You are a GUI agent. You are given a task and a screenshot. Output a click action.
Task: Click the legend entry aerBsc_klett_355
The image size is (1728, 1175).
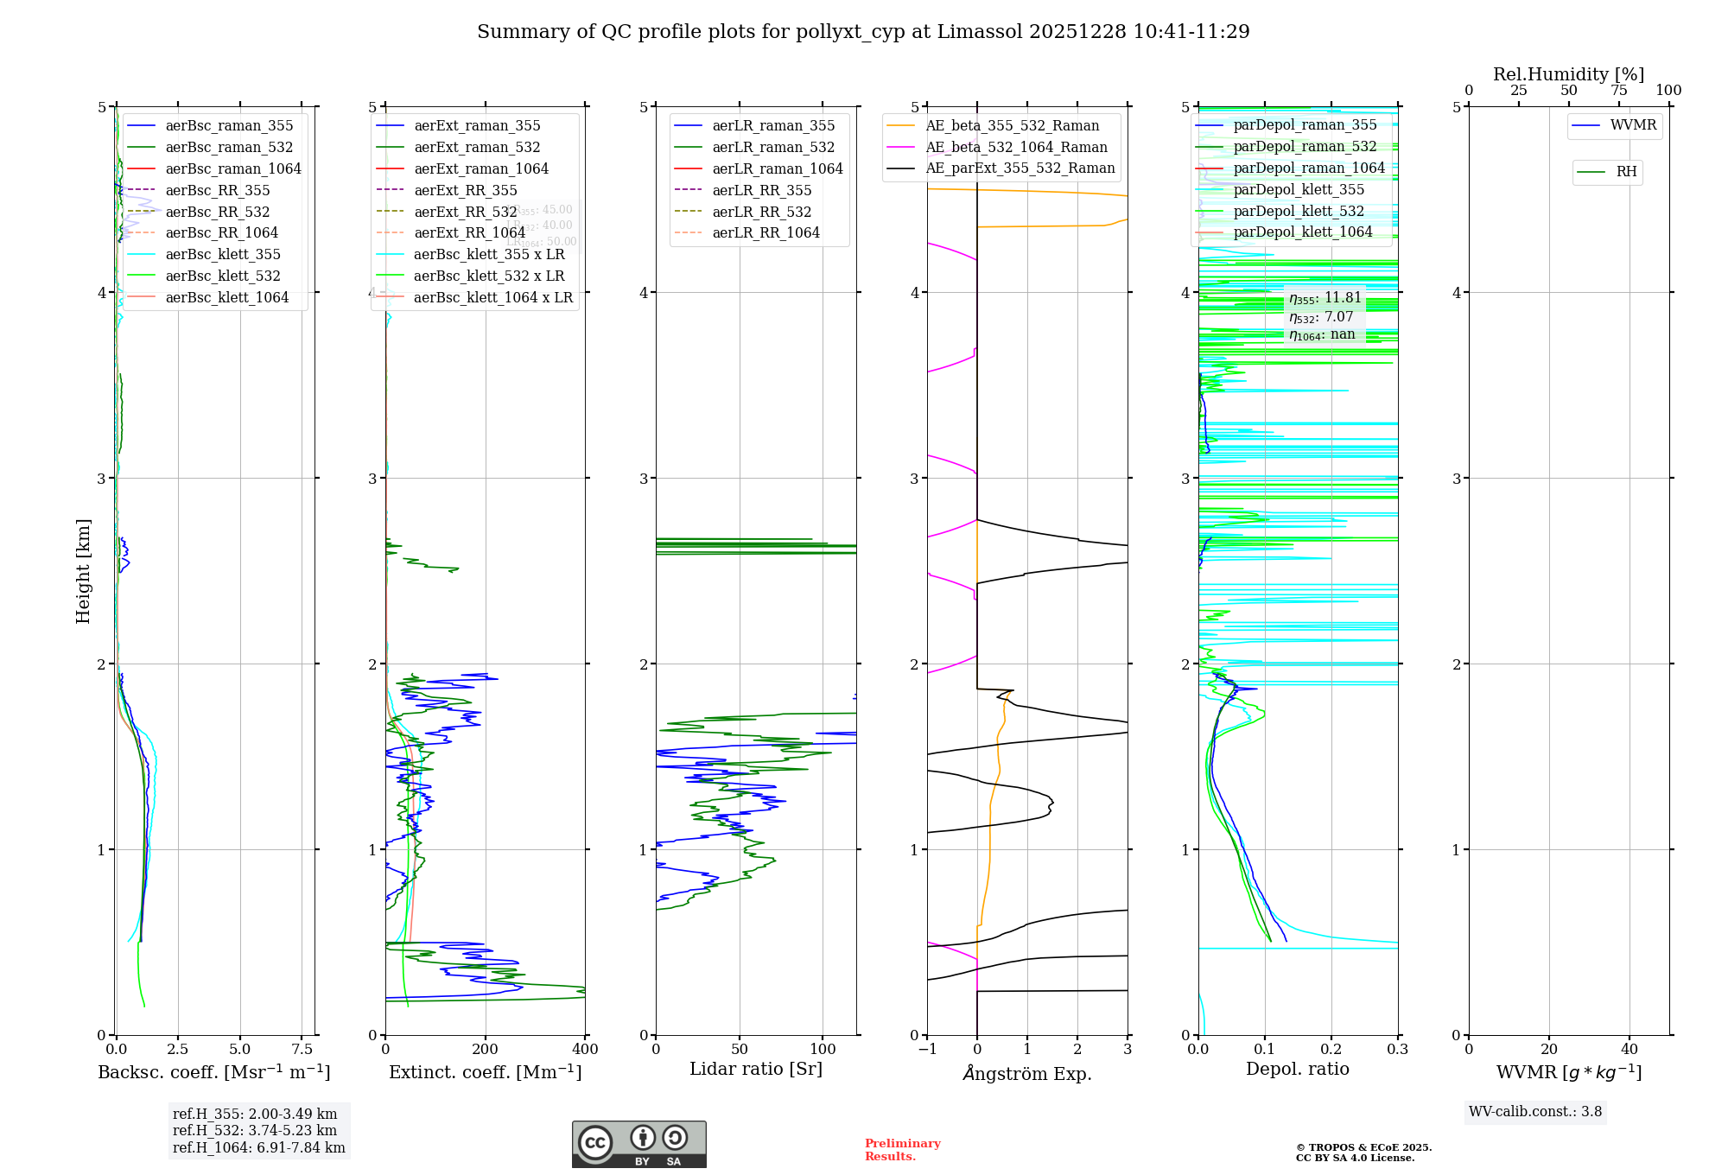point(222,254)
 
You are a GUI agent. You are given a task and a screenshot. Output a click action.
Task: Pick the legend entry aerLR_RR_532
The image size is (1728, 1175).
point(761,212)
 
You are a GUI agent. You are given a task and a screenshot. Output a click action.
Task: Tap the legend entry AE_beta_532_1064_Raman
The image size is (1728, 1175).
point(1016,147)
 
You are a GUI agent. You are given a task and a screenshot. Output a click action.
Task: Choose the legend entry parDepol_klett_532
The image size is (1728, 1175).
point(1298,211)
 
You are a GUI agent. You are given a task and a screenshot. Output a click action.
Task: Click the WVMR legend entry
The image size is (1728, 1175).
point(1632,125)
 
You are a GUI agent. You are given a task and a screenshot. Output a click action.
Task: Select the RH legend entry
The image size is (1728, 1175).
point(1625,172)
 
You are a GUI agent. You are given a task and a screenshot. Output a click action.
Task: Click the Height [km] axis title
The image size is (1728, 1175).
point(83,570)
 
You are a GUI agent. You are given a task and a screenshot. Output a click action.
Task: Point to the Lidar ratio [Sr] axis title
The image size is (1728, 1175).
point(756,1069)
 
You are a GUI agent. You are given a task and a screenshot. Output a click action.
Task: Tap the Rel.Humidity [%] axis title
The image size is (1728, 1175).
point(1568,74)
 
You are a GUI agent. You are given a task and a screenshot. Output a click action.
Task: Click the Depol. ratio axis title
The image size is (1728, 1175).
point(1297,1069)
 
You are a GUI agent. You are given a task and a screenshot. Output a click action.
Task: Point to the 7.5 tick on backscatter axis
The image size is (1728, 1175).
point(302,1050)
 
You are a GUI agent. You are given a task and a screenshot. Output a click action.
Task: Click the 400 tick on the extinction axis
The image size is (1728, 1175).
point(585,1050)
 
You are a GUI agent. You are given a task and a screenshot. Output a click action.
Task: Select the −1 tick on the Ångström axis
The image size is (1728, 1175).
point(927,1050)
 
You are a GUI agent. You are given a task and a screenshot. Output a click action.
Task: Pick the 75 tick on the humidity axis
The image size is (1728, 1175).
point(1618,91)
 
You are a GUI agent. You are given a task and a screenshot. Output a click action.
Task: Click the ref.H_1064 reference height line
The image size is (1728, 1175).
point(258,1147)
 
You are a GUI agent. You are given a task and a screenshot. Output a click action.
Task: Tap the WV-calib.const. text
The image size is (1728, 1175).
point(1535,1111)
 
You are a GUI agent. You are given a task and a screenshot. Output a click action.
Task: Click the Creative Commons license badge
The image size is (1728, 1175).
point(638,1144)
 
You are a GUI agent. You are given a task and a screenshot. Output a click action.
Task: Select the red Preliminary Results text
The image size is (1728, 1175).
point(902,1149)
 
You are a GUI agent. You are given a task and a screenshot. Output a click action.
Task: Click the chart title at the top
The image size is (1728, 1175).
point(863,32)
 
